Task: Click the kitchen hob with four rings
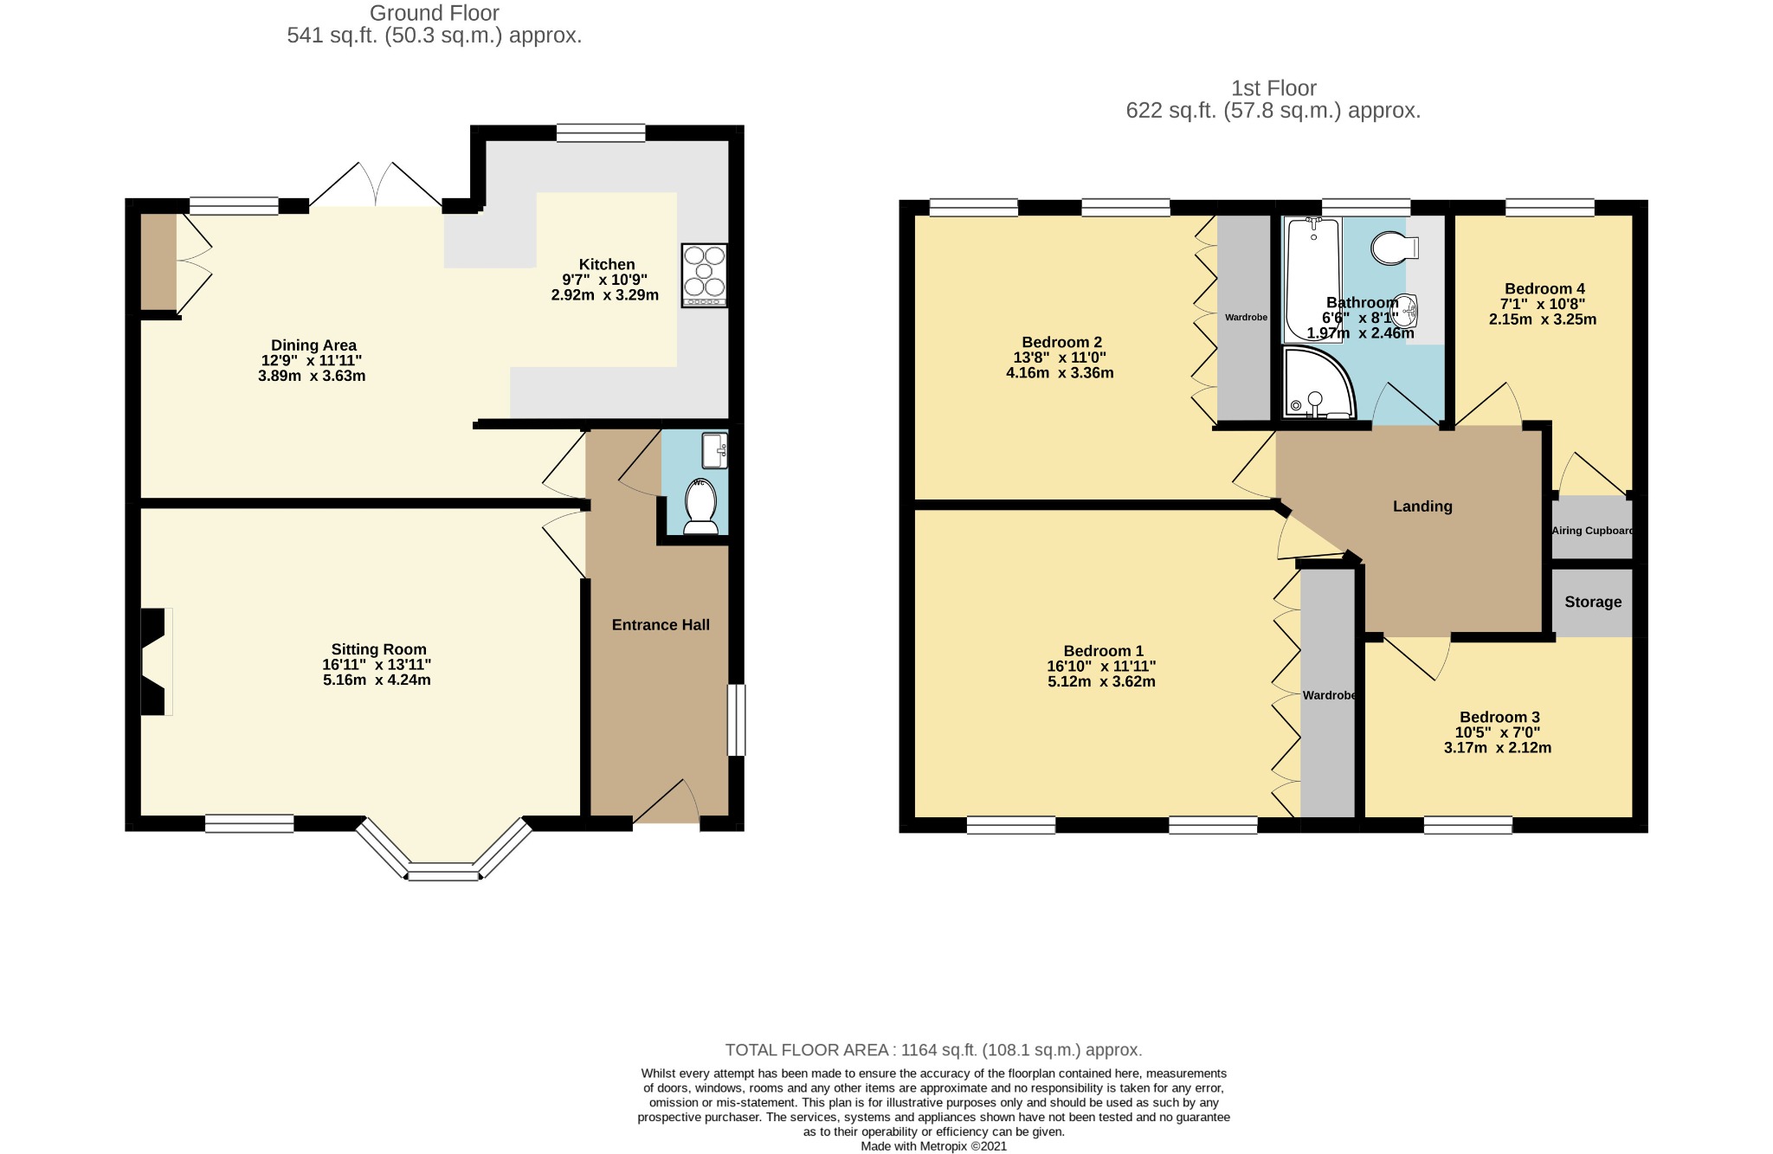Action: (705, 275)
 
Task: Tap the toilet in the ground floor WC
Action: (700, 506)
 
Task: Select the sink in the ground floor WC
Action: (715, 450)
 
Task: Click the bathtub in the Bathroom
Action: (1312, 280)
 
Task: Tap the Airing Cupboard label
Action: (1592, 531)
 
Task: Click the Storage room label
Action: (1593, 602)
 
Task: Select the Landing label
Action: (1422, 506)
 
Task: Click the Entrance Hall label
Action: (661, 625)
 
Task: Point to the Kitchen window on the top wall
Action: (601, 132)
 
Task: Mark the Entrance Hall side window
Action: (736, 720)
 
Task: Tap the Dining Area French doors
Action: (376, 184)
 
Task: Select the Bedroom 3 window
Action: (1468, 825)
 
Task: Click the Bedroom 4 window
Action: (1550, 208)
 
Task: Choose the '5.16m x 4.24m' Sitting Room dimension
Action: (377, 680)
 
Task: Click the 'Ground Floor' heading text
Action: (435, 13)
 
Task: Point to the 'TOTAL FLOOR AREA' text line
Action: (933, 1050)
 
